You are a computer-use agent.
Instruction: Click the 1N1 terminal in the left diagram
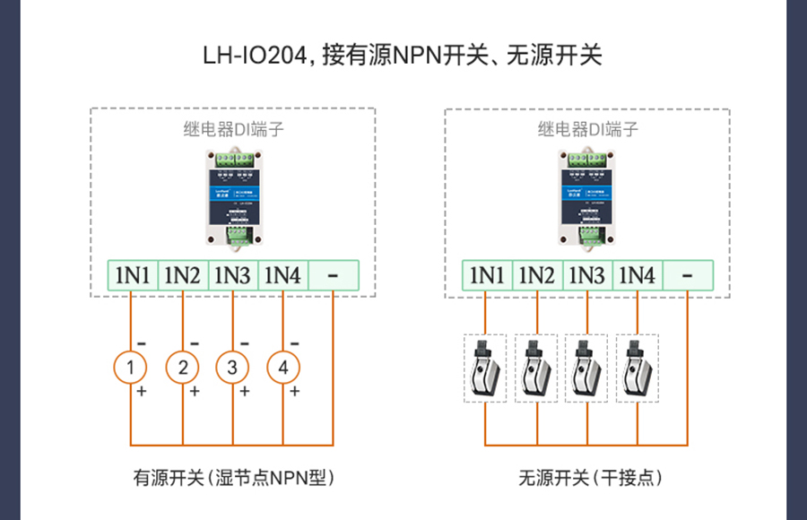pyautogui.click(x=132, y=275)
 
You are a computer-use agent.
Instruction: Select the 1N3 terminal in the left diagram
pyautogui.click(x=232, y=275)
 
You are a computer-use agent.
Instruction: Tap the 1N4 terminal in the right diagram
pyautogui.click(x=638, y=275)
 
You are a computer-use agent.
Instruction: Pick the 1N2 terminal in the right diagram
pyautogui.click(x=537, y=275)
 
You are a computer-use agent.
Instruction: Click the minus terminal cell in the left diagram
pyautogui.click(x=333, y=275)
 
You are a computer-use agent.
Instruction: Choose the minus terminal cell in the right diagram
pyautogui.click(x=688, y=275)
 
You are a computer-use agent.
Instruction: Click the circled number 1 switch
pyautogui.click(x=131, y=367)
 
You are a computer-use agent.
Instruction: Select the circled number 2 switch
pyautogui.click(x=182, y=367)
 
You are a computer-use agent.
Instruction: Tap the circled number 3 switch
pyautogui.click(x=232, y=367)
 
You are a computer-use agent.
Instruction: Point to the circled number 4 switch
pyautogui.click(x=283, y=367)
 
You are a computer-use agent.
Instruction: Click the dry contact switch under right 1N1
pyautogui.click(x=486, y=368)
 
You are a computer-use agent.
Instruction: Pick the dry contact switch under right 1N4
pyautogui.click(x=638, y=368)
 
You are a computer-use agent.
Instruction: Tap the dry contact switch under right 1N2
pyautogui.click(x=537, y=368)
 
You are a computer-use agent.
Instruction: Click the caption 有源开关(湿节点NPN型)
pyautogui.click(x=233, y=478)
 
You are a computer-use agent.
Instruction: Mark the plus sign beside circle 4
pyautogui.click(x=294, y=392)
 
